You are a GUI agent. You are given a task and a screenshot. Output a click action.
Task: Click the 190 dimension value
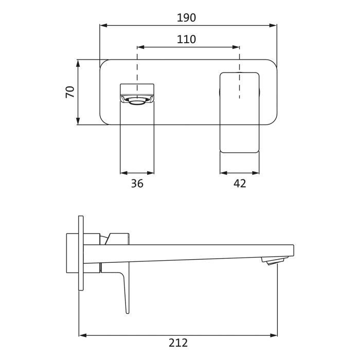point(186,18)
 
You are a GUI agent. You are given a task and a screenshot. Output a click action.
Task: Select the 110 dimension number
point(186,40)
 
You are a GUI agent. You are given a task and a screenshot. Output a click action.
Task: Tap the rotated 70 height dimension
point(70,92)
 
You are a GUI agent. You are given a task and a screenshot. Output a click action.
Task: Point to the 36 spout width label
point(137,184)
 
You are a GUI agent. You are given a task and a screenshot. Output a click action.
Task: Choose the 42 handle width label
point(240,184)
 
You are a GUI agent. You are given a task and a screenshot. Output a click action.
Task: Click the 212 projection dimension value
point(178,343)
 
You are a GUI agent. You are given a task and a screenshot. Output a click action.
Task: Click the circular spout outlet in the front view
point(137,101)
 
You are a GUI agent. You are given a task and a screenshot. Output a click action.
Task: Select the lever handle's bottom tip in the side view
point(128,312)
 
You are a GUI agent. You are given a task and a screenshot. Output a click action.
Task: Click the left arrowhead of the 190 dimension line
point(103,25)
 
